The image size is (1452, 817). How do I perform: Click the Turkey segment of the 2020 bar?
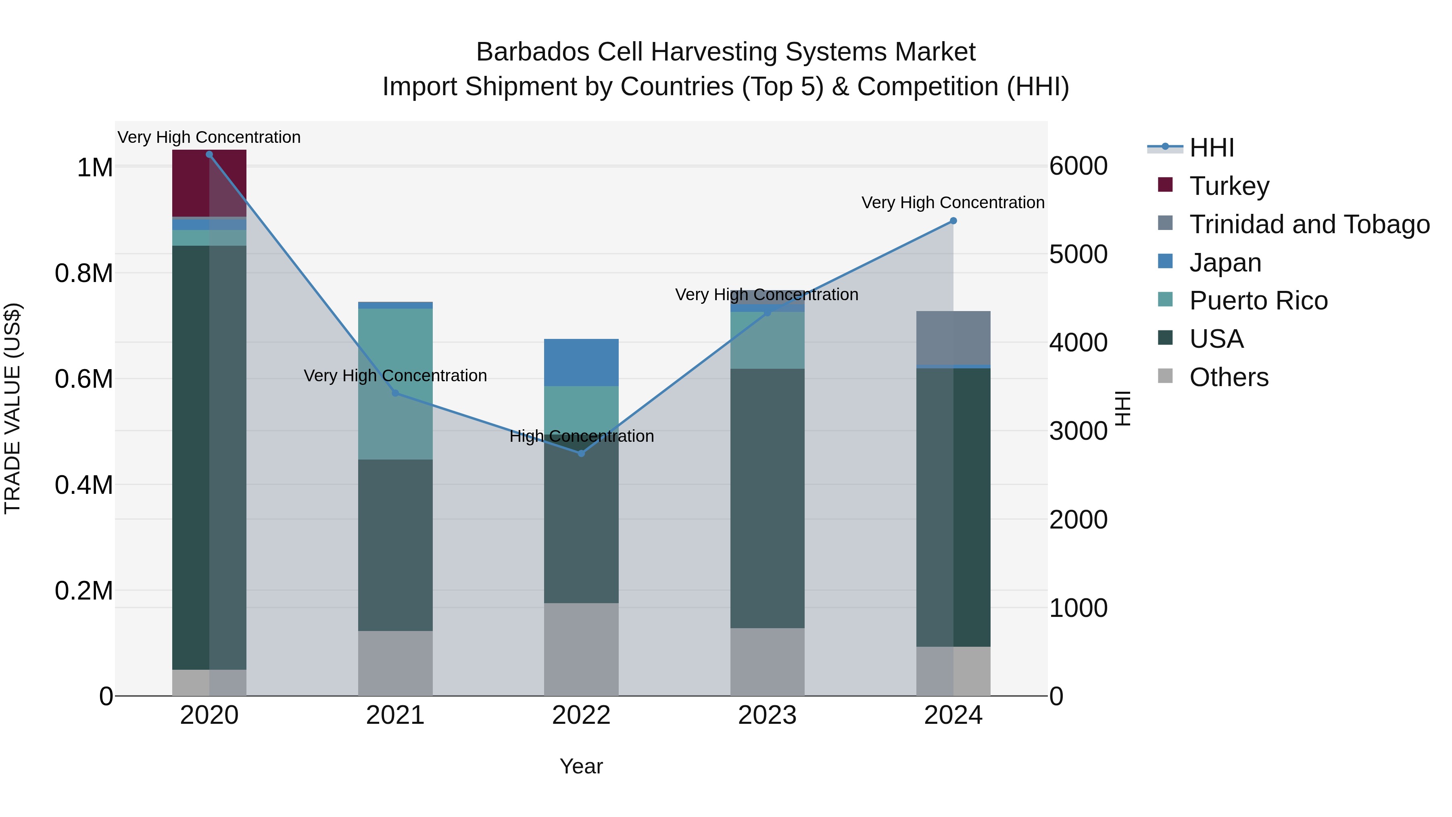209,183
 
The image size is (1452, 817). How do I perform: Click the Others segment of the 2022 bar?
581,649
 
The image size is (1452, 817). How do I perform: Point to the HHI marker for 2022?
582,453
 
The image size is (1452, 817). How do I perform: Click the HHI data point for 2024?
953,221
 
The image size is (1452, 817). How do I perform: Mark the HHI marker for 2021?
395,393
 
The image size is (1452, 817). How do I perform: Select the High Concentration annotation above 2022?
581,437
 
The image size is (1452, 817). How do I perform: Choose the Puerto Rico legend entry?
1258,301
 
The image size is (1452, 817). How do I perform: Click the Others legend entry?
1229,377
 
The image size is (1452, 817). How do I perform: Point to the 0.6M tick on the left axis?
84,379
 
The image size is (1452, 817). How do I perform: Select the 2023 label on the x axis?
767,715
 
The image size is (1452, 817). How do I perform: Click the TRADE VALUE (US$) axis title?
13,409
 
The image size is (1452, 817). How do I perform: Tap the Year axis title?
581,766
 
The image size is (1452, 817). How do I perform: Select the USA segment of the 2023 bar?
767,498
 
